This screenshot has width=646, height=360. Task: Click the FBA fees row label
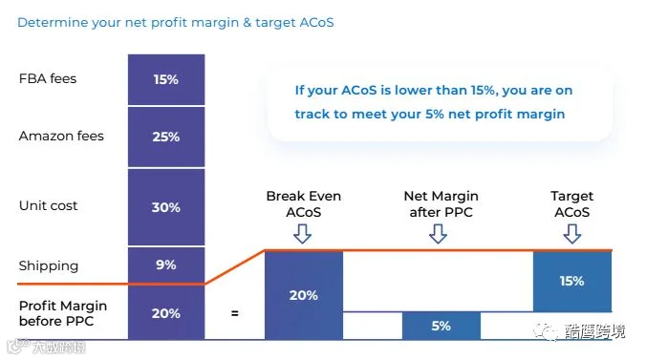coord(48,78)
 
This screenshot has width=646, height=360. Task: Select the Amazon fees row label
coord(61,136)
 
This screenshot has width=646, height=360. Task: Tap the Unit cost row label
coord(48,205)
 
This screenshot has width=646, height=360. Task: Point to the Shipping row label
coord(49,265)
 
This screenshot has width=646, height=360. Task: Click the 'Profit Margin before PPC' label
coord(63,313)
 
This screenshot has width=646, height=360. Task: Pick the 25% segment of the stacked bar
coord(166,137)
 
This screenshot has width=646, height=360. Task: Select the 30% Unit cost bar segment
coord(166,207)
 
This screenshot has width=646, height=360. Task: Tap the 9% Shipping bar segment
coord(166,265)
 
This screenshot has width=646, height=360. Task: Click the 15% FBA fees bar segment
coord(166,79)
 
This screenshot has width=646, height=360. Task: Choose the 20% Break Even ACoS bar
coord(304,295)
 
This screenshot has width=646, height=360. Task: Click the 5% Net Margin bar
coord(441,326)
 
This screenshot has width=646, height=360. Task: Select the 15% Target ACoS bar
coord(572,281)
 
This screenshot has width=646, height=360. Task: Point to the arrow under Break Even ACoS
coord(302,234)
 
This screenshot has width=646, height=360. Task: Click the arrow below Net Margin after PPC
coord(438,234)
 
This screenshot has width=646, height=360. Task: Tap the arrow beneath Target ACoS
coord(572,234)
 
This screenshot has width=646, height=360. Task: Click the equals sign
coord(235,313)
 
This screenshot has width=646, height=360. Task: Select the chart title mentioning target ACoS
coord(176,22)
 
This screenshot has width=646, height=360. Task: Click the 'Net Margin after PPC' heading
coord(441,204)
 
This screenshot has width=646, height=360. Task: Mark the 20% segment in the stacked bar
coord(166,312)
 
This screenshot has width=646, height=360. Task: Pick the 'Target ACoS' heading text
coord(572,204)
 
